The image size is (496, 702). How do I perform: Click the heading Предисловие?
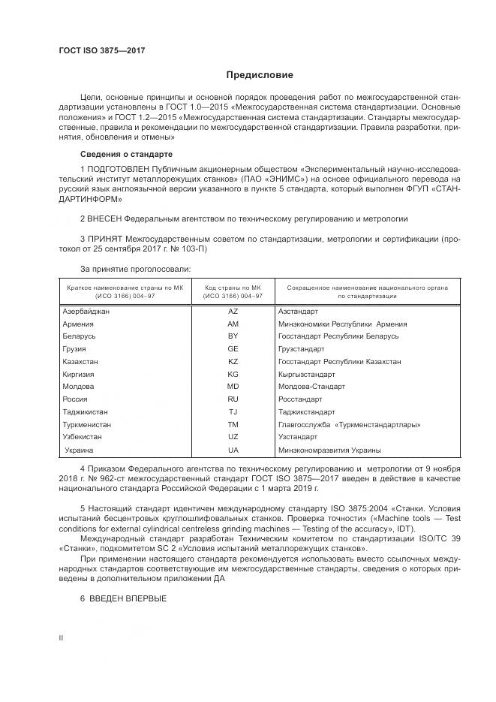260,75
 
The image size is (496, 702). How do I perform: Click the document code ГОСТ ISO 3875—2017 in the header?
101,50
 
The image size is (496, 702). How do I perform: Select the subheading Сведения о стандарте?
110,154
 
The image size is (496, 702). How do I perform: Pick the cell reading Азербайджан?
87,311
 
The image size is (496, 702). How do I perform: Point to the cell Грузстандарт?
301,349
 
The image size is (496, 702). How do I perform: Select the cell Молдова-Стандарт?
311,387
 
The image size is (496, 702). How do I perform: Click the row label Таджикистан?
86,412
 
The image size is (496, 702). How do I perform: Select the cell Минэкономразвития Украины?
329,450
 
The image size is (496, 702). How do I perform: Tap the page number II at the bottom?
62,637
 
